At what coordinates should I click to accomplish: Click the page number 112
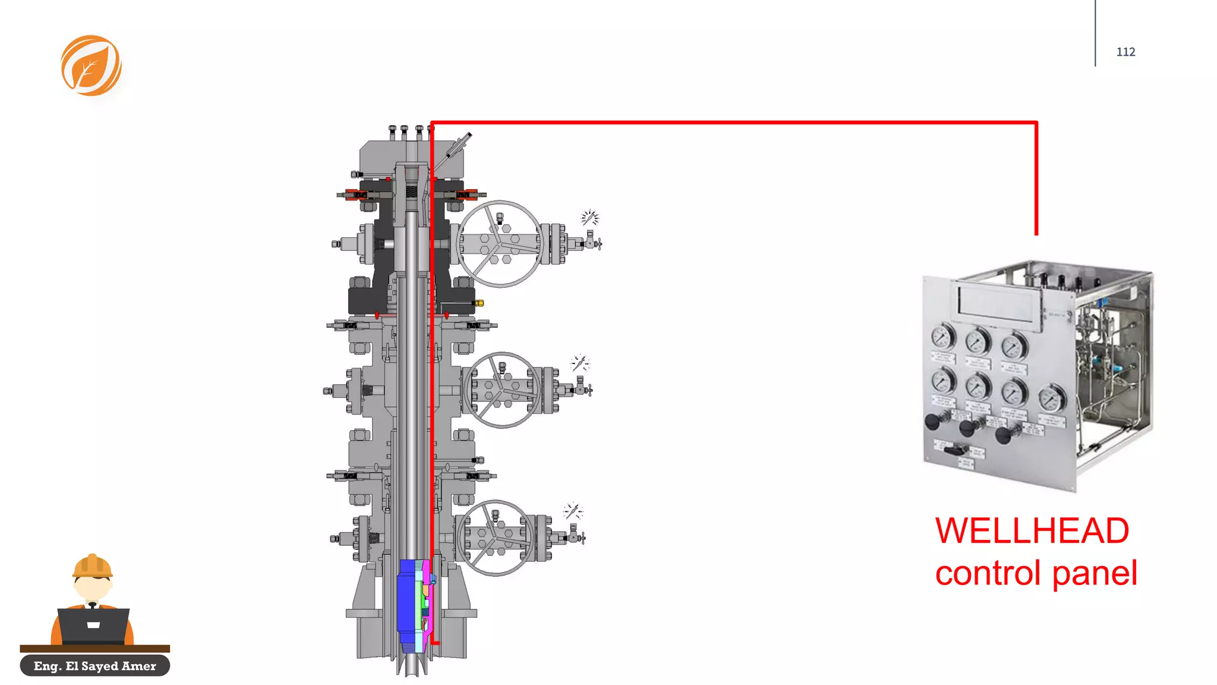click(1125, 52)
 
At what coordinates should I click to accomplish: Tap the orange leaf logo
click(91, 65)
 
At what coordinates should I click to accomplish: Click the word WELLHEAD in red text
click(1032, 530)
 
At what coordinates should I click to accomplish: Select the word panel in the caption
click(1095, 573)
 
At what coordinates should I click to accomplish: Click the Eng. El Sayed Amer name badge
click(95, 665)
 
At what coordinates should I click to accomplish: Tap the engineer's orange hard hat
click(92, 566)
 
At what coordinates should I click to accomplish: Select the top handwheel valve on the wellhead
click(499, 244)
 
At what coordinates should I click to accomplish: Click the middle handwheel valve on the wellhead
click(502, 390)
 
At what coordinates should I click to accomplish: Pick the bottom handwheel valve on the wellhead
click(494, 538)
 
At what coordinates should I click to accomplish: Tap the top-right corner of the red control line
click(1036, 123)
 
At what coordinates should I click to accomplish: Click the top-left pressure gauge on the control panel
click(942, 337)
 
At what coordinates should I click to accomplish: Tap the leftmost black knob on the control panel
click(932, 422)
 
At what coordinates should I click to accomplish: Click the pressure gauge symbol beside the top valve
click(589, 218)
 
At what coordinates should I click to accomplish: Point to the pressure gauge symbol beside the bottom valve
click(573, 511)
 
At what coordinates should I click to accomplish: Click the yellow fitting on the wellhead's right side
click(478, 303)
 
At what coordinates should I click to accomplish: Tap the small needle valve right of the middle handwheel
click(582, 389)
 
